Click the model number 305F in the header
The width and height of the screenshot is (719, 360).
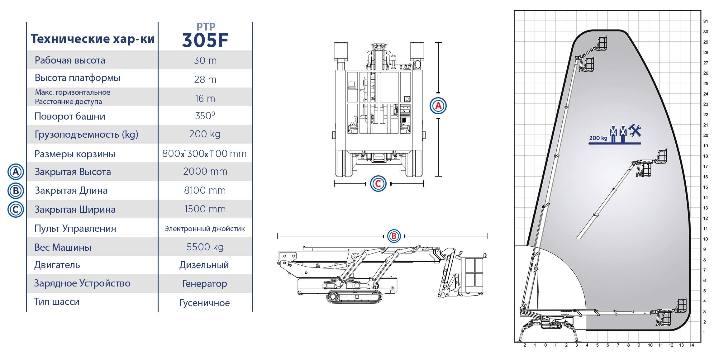[205, 40]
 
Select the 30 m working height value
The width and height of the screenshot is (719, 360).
[205, 60]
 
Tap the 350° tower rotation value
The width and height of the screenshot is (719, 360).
[205, 116]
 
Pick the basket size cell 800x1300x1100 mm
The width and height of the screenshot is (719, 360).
[204, 154]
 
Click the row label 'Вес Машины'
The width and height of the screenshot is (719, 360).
[63, 247]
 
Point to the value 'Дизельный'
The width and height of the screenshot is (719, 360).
[204, 265]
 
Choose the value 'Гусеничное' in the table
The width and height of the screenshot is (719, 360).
[204, 303]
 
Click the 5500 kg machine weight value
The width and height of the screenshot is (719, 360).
[205, 247]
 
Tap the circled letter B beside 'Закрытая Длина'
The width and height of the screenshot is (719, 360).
[16, 191]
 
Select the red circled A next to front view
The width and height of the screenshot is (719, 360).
[438, 106]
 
